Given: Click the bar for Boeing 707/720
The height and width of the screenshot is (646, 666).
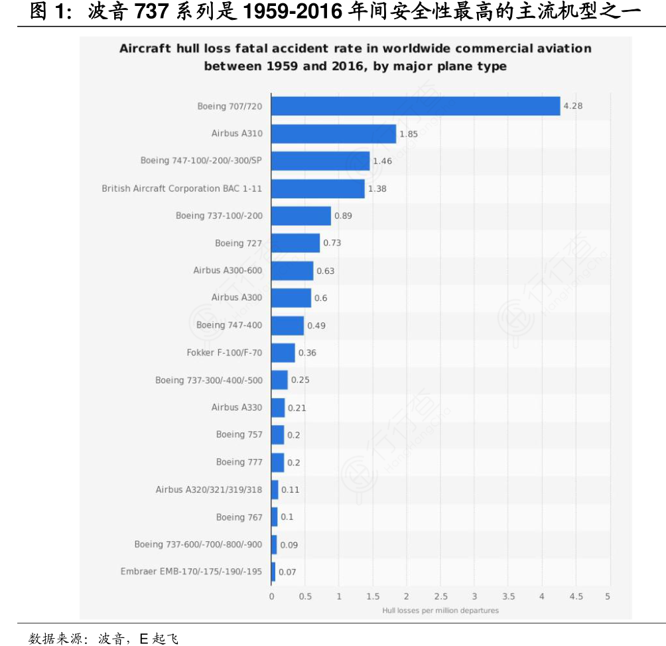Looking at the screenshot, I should coord(416,106).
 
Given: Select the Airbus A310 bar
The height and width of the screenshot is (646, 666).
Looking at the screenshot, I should coord(334,133).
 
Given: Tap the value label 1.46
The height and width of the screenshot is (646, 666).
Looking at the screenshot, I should coord(383,161).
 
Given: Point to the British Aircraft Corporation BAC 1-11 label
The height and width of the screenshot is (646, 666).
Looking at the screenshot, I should coord(182,188).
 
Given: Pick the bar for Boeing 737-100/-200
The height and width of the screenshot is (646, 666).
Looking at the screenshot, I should coord(301,216).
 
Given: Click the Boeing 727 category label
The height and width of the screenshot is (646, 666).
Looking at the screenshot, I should coord(238,243).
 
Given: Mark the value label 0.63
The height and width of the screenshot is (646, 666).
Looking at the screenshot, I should coord(326,271).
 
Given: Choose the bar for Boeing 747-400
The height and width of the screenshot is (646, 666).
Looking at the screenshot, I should coord(288,325).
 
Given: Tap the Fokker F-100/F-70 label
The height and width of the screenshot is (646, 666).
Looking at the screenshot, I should coord(224,353).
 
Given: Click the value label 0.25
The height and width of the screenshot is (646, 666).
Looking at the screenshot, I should coord(300,380).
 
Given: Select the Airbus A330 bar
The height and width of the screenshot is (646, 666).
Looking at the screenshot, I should coord(278,407).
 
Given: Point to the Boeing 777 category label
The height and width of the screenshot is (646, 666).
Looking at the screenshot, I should coord(239,462).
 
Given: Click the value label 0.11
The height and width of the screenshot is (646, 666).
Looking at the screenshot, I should coord(291,489).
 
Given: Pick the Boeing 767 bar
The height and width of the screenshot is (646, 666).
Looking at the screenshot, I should coord(275,517).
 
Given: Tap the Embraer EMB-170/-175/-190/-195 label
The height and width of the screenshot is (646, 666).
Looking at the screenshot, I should coord(191,572).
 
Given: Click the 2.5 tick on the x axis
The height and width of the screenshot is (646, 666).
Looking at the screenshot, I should coord(440,596).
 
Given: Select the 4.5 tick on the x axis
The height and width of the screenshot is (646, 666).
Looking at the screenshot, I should coord(576,596).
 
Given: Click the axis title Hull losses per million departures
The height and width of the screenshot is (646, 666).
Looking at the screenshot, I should coord(440,610).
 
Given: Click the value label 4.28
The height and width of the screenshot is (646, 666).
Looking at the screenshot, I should coord(573,106).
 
